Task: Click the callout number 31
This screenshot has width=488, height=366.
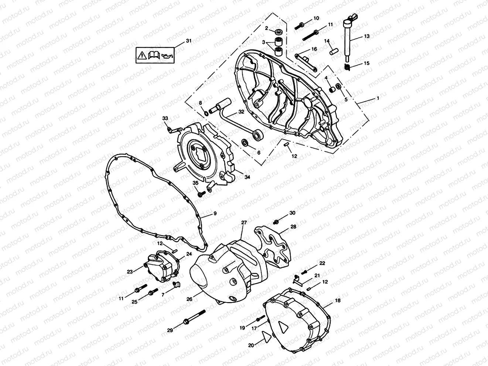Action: (x=189, y=41)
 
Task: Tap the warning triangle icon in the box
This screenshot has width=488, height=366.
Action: (x=142, y=56)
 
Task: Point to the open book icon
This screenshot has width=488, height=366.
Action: (x=154, y=56)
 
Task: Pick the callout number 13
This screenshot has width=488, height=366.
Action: (x=366, y=36)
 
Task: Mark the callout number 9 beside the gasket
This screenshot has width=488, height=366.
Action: (x=215, y=214)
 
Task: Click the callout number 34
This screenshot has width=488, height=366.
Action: (x=247, y=177)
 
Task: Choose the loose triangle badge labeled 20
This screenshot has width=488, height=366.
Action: (x=266, y=337)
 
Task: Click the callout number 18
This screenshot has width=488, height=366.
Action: (x=337, y=301)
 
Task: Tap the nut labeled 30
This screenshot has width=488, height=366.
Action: (x=276, y=222)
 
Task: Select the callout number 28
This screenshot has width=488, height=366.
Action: (x=293, y=226)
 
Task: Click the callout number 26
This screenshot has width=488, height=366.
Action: (x=189, y=300)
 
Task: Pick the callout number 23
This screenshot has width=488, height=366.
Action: (x=130, y=271)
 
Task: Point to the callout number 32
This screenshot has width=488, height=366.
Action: (x=241, y=111)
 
